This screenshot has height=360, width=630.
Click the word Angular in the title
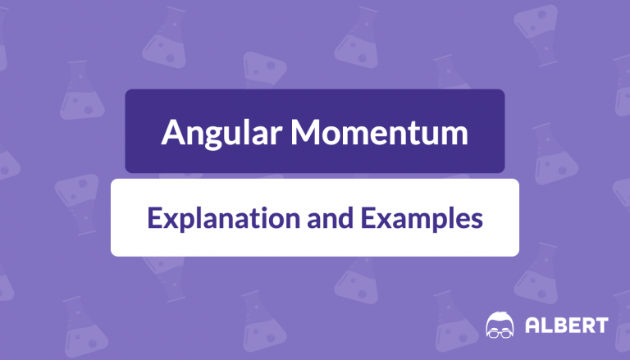[221, 134]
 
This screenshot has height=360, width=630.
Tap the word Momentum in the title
[379, 132]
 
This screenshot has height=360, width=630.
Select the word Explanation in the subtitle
[224, 219]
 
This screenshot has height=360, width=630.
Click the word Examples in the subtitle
[422, 219]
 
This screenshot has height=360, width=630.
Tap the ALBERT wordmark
[567, 325]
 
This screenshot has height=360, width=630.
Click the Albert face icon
[500, 325]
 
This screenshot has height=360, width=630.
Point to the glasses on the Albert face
[500, 333]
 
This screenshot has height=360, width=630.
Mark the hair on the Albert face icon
[500, 317]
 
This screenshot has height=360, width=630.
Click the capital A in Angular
[174, 132]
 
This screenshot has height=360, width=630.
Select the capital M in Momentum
[307, 132]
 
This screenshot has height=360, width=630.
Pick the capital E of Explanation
[155, 217]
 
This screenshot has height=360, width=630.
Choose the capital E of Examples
[368, 217]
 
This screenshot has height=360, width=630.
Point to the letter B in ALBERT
[560, 325]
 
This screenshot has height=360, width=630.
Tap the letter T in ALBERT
[601, 325]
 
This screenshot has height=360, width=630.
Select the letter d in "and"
[346, 218]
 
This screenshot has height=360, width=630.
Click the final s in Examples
[477, 221]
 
